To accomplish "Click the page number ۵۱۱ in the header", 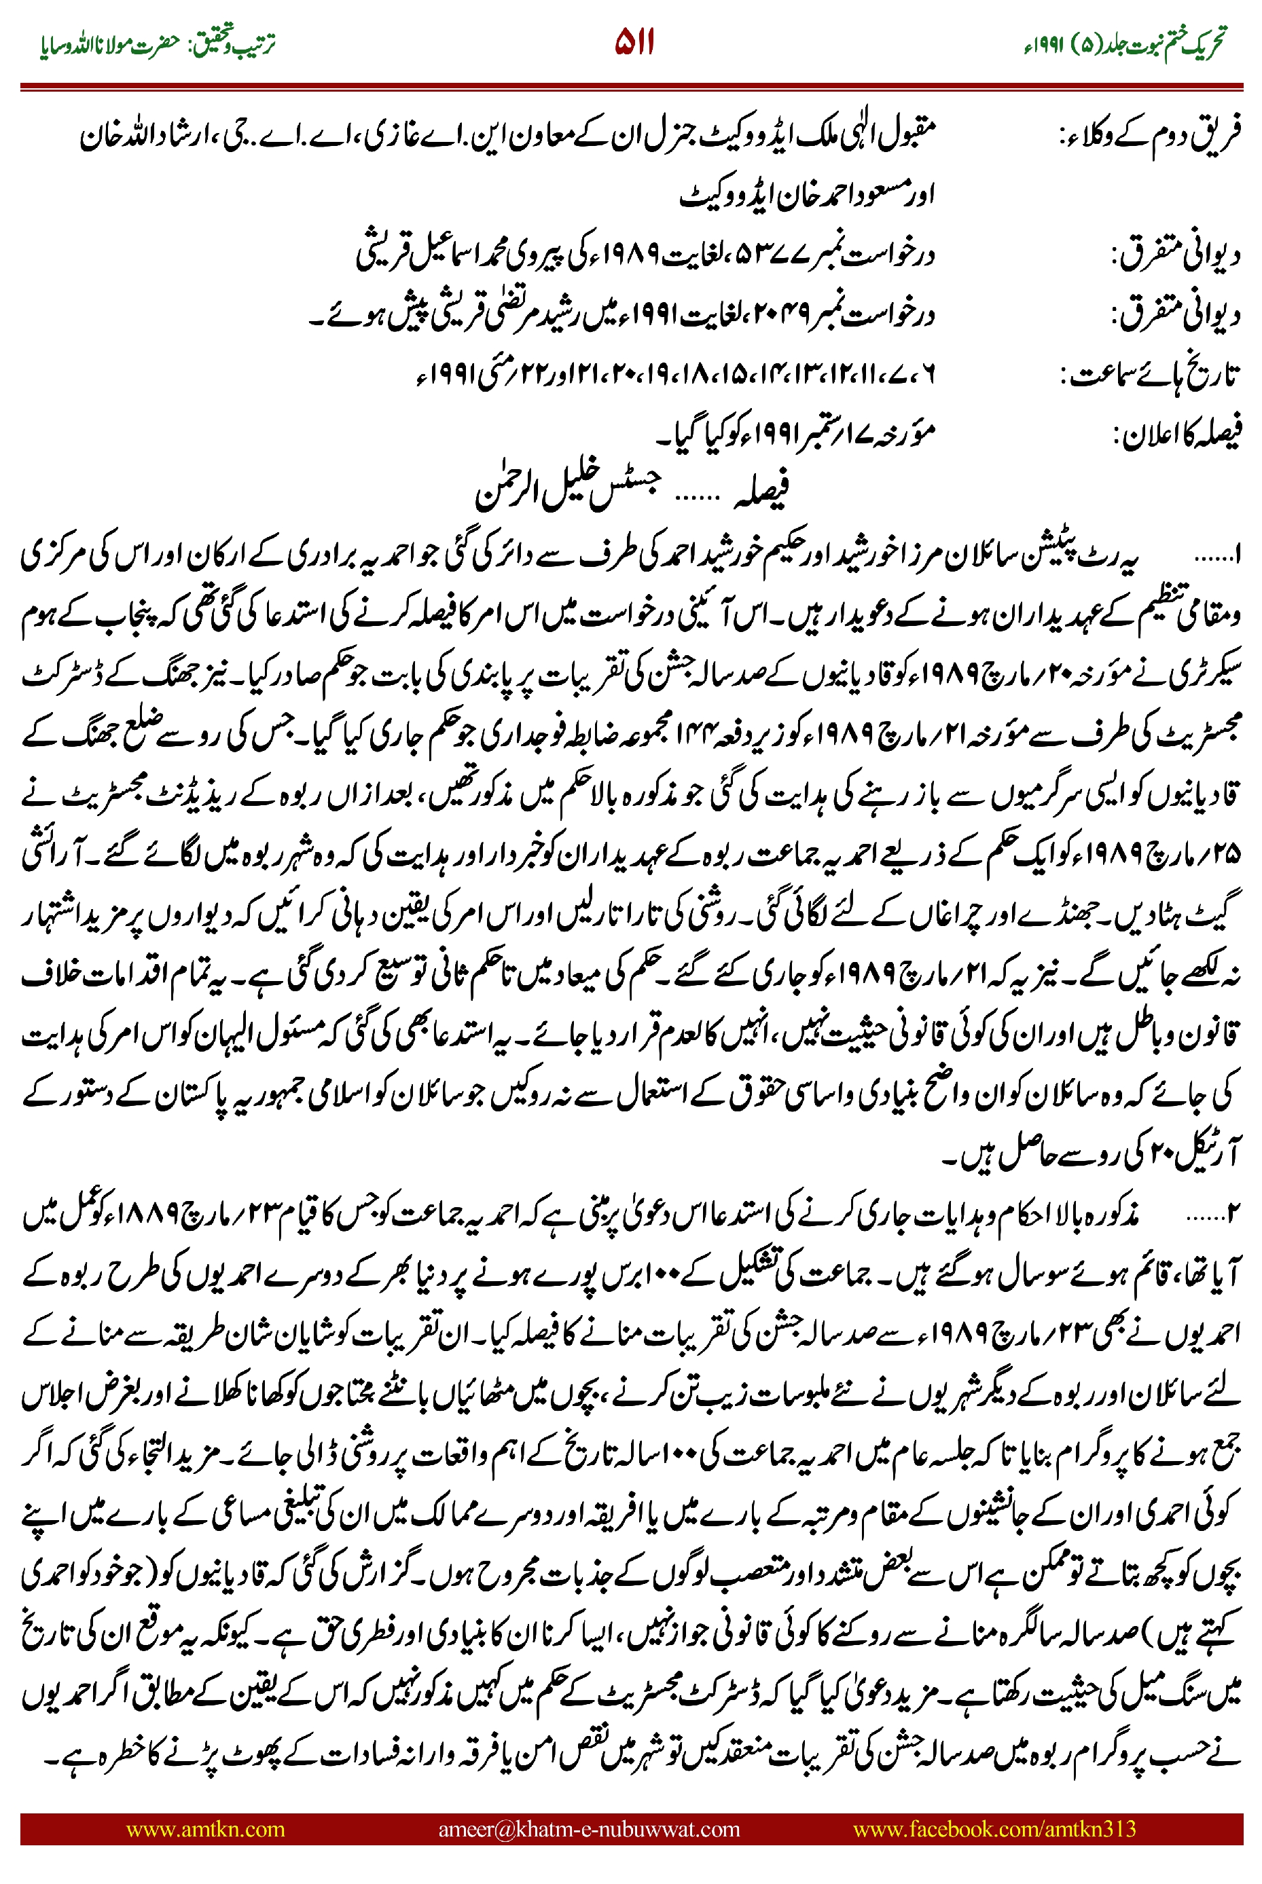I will tap(634, 42).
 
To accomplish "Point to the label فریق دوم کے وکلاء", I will tap(1151, 136).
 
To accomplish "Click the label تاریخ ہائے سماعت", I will tap(1151, 375).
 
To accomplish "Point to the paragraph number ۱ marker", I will tap(1236, 554).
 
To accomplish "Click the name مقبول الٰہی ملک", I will tap(865, 136).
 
